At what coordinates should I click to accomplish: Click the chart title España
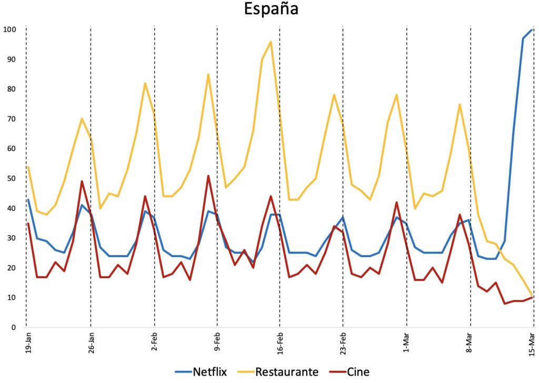click(271, 10)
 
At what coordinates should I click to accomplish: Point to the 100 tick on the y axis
click(9, 29)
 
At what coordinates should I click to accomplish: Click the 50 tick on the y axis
click(11, 178)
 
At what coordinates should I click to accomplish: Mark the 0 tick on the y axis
click(13, 327)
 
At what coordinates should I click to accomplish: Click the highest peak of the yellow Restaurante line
click(271, 42)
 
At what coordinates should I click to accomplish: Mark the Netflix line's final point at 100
click(533, 30)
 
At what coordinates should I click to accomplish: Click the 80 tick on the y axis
click(11, 89)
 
